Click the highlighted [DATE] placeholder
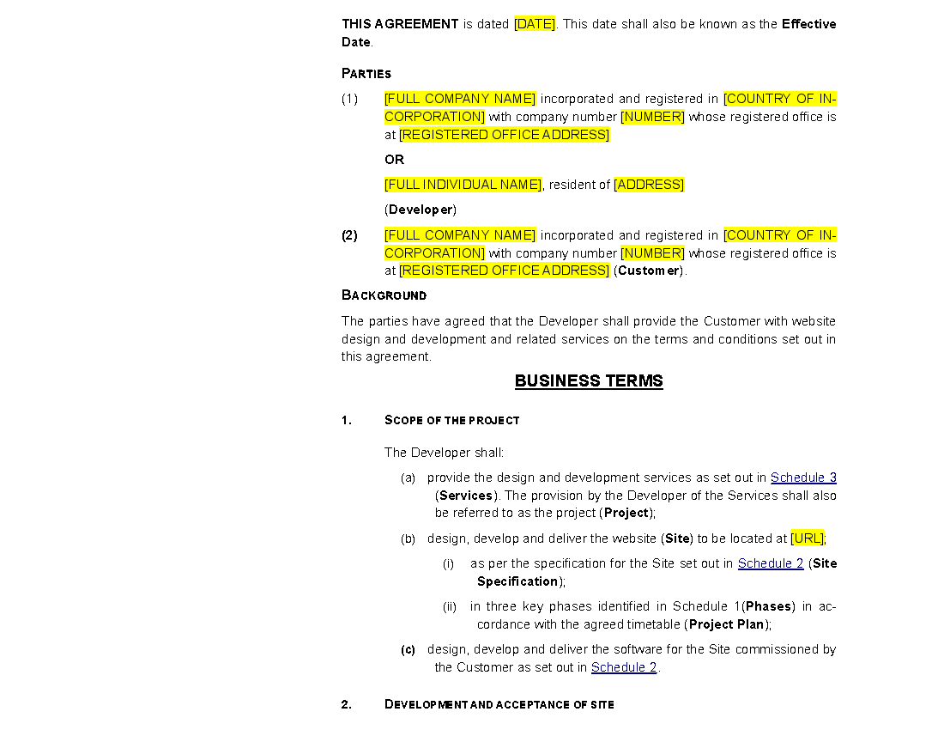click(x=534, y=24)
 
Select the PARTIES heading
click(x=366, y=74)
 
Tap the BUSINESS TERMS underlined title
click(x=589, y=380)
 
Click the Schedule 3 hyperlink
click(x=803, y=478)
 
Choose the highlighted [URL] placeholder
click(x=807, y=538)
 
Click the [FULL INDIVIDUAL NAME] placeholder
click(x=463, y=185)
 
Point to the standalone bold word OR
click(x=395, y=160)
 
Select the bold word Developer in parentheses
click(x=421, y=210)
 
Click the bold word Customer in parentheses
click(x=649, y=271)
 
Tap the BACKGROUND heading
click(x=384, y=295)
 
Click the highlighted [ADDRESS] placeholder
click(x=649, y=185)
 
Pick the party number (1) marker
click(x=350, y=99)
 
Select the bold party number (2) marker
click(x=350, y=235)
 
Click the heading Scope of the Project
click(x=451, y=421)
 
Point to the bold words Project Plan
click(x=727, y=624)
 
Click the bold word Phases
click(x=768, y=606)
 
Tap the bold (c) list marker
click(x=408, y=650)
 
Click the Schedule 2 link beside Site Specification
click(x=771, y=563)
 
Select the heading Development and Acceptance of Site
click(x=499, y=705)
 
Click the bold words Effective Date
click(x=589, y=33)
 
